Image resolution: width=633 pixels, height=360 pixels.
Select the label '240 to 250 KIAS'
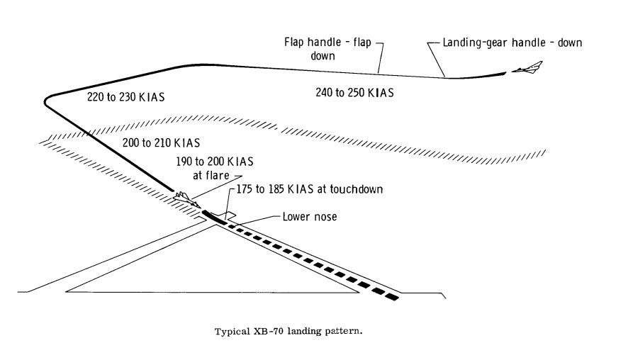[354, 92]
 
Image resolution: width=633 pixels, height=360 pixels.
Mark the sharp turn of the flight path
[47, 100]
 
